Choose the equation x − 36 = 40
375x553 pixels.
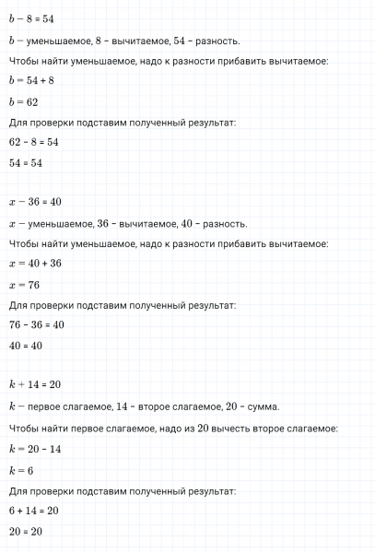click(x=32, y=205)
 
